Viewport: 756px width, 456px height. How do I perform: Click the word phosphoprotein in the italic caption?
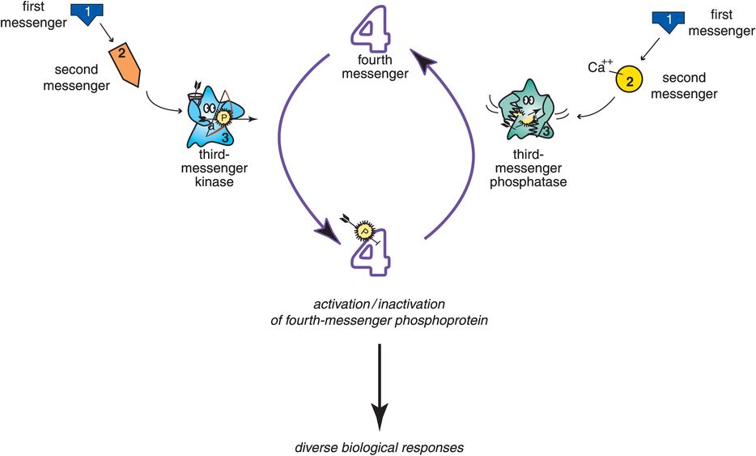[x=440, y=319]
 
